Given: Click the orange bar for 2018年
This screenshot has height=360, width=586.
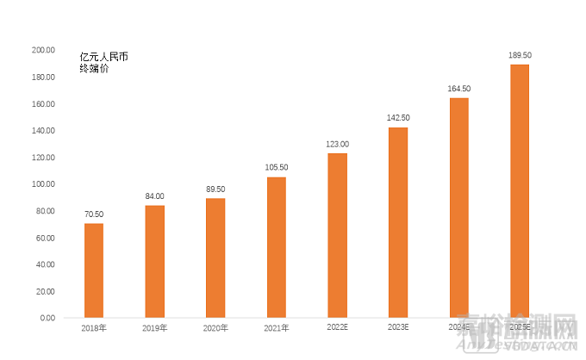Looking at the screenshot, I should [94, 270].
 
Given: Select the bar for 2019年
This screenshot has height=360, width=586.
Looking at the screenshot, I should [154, 261].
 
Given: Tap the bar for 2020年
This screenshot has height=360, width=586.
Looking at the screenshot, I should [215, 258].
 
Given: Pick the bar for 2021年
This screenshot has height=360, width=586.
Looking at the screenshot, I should [277, 247].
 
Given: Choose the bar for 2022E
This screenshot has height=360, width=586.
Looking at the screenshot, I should [338, 235].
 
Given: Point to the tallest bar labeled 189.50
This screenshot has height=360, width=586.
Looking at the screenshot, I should [520, 191].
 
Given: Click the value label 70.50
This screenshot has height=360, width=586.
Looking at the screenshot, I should [94, 214].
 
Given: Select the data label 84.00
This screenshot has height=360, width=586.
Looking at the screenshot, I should [154, 196].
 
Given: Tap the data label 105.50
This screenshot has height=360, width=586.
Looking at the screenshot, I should [277, 167].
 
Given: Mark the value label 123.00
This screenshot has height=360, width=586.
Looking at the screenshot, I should [338, 144].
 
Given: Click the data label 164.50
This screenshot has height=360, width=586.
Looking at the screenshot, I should [459, 89].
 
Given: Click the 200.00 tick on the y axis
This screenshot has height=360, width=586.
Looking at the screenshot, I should [42, 51].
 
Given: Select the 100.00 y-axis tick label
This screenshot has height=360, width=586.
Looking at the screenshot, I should [42, 184].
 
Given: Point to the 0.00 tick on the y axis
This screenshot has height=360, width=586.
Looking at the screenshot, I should [47, 318].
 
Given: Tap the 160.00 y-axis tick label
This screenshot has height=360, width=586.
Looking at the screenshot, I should [42, 104].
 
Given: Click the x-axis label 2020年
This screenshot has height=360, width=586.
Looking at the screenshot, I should [215, 328].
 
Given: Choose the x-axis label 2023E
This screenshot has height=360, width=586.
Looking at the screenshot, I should [398, 328].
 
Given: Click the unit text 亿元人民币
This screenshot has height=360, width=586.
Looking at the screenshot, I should [103, 56].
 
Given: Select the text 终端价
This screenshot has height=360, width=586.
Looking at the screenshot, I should [94, 68].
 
